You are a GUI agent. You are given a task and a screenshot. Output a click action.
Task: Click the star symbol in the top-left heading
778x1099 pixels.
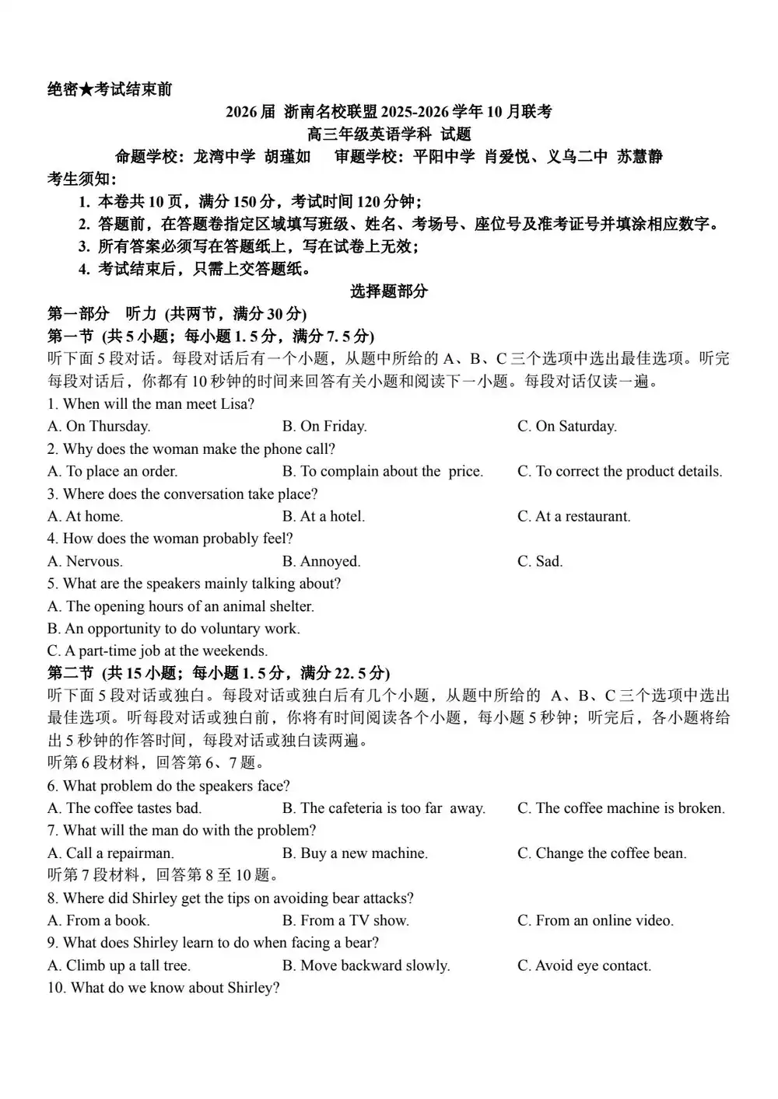click(x=86, y=90)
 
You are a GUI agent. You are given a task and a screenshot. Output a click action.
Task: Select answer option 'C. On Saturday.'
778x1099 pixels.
click(x=566, y=426)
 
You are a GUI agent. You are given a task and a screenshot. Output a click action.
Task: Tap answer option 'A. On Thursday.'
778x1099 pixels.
click(x=99, y=426)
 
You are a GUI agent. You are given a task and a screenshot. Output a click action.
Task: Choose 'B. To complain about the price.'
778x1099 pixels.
click(x=382, y=471)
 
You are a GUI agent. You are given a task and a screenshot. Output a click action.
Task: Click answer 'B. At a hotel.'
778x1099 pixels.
click(x=323, y=516)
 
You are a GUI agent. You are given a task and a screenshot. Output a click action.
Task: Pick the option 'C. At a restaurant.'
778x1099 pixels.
click(x=573, y=516)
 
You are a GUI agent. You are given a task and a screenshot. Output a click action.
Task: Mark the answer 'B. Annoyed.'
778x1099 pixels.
click(x=321, y=561)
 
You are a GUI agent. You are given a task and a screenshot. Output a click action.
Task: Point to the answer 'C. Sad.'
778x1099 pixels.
click(x=539, y=561)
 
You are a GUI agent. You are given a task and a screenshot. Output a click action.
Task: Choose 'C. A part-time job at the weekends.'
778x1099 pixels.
click(x=157, y=651)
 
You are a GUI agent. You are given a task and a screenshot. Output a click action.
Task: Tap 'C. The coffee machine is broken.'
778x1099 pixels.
click(x=621, y=808)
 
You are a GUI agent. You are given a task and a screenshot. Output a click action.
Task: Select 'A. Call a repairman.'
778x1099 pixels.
click(x=110, y=853)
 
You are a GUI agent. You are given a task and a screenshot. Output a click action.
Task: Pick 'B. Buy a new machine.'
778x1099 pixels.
click(x=355, y=853)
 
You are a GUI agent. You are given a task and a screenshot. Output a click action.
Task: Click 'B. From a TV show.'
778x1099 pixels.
click(x=345, y=921)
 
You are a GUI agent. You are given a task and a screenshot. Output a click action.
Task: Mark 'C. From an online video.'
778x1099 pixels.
click(x=595, y=921)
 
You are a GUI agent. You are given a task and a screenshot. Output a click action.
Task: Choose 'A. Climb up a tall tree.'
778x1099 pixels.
click(x=119, y=966)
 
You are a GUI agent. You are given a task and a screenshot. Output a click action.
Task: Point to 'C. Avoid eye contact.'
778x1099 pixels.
click(x=584, y=966)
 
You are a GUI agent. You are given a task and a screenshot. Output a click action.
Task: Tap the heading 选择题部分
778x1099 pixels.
click(x=388, y=291)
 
